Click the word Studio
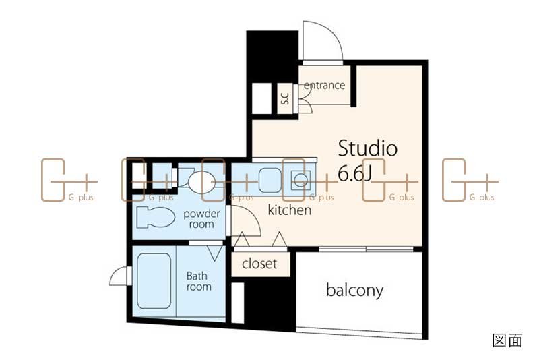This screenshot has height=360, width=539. pos(367,148)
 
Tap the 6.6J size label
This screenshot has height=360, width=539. pos(354,173)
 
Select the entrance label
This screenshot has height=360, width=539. pos(324,85)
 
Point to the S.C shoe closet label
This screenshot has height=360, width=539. pos(285,98)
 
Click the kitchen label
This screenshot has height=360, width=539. pos(290,210)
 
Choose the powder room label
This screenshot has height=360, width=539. pos(201,219)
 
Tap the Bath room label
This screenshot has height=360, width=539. pos(199,281)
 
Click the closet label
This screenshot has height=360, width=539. pos(259,264)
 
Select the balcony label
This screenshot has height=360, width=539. pos(354,291)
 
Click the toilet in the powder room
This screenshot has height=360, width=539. pos(156,217)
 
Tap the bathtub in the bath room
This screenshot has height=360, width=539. pos(154,281)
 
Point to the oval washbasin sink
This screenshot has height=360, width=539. pos(201,182)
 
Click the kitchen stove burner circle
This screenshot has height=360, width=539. pos(300,180)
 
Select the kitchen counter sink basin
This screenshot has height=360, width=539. pos(270,180)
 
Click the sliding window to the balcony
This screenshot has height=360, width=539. pos(366,249)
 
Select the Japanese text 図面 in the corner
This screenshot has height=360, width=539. pos(507,340)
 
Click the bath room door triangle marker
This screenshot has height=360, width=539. pos(215,253)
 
